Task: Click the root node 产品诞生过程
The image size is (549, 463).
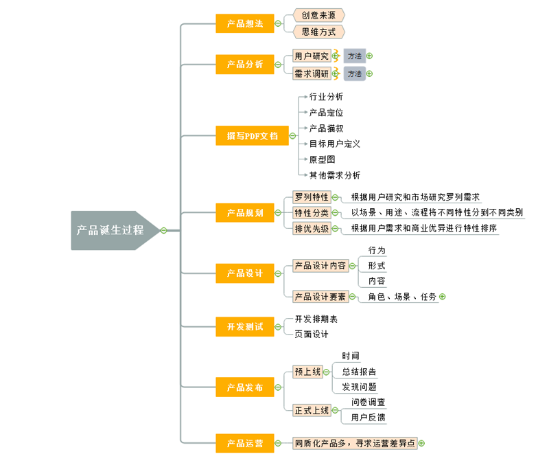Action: pyautogui.click(x=110, y=230)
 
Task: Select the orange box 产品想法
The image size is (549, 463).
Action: pyautogui.click(x=244, y=23)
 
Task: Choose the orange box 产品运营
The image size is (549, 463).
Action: pyautogui.click(x=244, y=443)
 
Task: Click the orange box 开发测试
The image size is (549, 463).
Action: pyautogui.click(x=244, y=327)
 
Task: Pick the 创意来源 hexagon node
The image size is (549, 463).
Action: pyautogui.click(x=318, y=14)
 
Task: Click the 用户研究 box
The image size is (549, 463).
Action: pyautogui.click(x=312, y=56)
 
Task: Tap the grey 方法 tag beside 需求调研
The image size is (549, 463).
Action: pyautogui.click(x=354, y=74)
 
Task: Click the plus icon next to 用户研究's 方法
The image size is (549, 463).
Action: pyautogui.click(x=369, y=56)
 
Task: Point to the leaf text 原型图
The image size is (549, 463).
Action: pyautogui.click(x=322, y=159)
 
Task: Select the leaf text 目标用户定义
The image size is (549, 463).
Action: pyautogui.click(x=334, y=144)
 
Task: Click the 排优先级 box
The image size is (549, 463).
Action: pyautogui.click(x=312, y=229)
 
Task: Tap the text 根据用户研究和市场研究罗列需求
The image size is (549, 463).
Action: pyautogui.click(x=415, y=196)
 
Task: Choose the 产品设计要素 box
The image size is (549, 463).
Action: pyautogui.click(x=320, y=297)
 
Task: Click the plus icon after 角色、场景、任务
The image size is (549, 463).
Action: pyautogui.click(x=443, y=297)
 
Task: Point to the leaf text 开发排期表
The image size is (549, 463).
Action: pyautogui.click(x=316, y=319)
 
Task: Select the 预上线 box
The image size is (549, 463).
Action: pyautogui.click(x=307, y=372)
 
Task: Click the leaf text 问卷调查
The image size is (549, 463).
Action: pyautogui.click(x=368, y=402)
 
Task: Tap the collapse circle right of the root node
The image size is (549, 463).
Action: pyautogui.click(x=163, y=230)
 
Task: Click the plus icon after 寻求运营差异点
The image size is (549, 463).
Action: pyautogui.click(x=421, y=443)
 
